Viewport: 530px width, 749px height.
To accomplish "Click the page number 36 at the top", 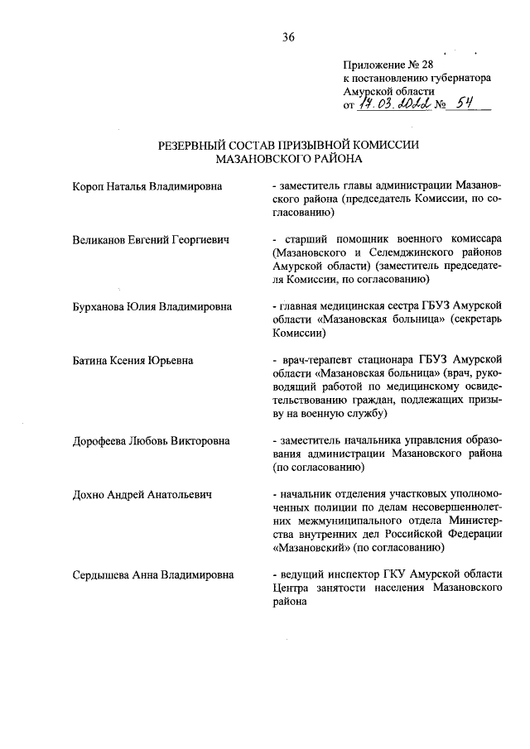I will coord(288,36).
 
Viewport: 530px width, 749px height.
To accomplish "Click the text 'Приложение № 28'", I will coord(388,63).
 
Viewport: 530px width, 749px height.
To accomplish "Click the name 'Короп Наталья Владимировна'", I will coord(147,186).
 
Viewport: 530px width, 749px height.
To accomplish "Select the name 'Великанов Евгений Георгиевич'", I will coord(151,240).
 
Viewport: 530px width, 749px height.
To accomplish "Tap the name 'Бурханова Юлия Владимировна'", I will coord(151,307).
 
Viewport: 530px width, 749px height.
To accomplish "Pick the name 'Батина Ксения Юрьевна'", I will coord(133,361).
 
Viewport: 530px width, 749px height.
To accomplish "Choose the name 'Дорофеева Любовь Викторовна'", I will coord(150,441).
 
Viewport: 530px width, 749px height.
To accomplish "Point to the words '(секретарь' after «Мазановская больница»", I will coord(472,320).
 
